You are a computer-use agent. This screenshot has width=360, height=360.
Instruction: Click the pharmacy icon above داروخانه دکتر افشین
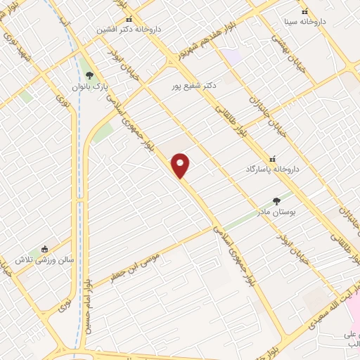(x=128, y=20)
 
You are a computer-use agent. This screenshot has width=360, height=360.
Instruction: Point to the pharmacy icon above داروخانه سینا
(x=304, y=12)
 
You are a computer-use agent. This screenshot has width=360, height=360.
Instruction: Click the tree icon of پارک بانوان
(x=88, y=76)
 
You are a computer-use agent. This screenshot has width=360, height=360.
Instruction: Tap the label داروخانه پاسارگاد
(x=269, y=170)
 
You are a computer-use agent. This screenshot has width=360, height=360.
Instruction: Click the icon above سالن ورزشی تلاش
(x=45, y=249)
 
